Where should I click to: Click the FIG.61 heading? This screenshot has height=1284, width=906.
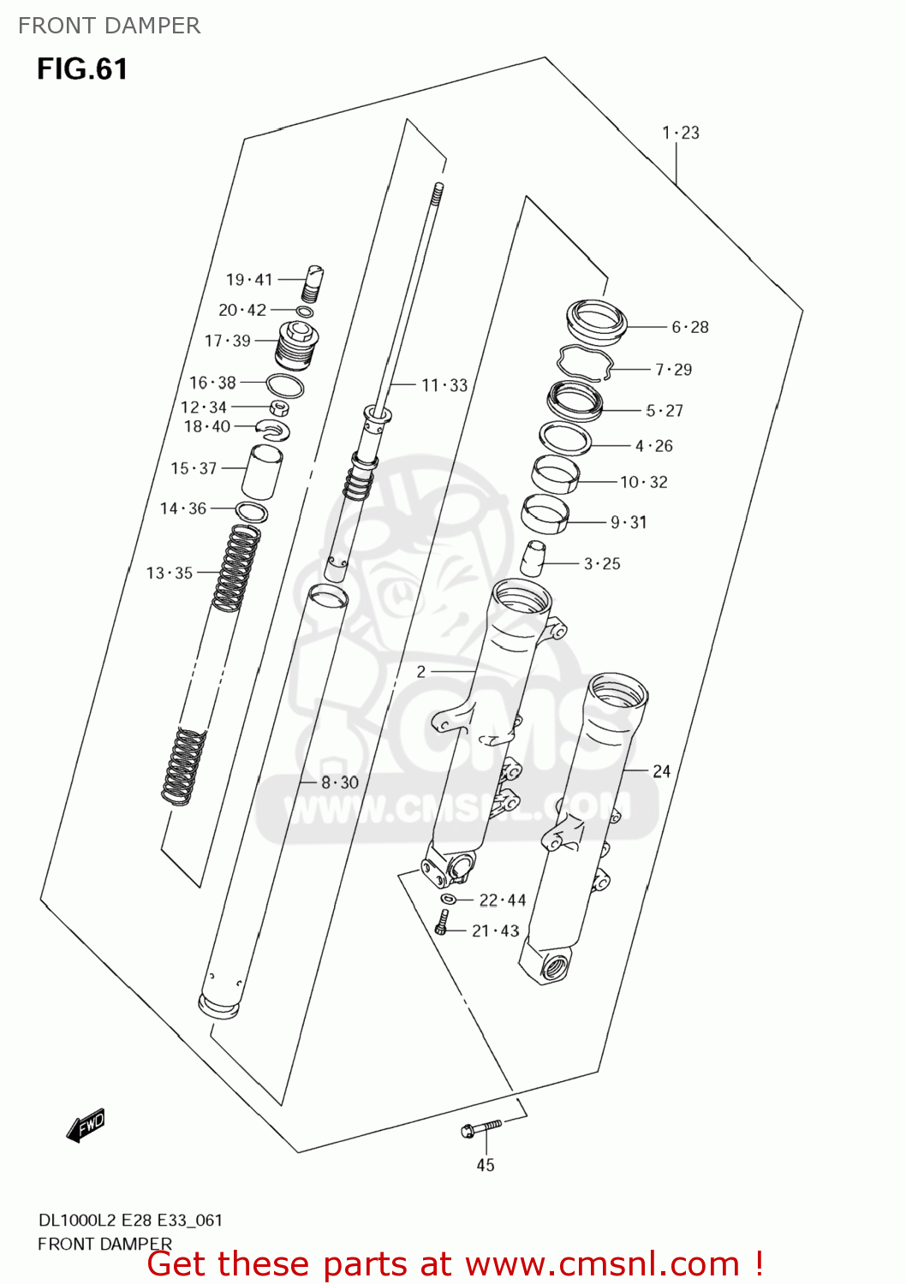point(82,68)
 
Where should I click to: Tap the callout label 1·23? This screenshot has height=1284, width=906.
point(681,133)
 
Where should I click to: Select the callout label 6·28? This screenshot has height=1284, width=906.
point(690,327)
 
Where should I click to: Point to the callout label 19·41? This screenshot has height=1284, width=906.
point(249,280)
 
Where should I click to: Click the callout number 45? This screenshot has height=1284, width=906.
point(486,1165)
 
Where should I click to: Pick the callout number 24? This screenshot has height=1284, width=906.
point(662,771)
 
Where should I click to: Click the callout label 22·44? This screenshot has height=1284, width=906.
point(503,901)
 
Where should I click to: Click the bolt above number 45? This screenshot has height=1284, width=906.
point(480,1128)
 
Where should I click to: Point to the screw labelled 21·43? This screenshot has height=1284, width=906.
point(442,924)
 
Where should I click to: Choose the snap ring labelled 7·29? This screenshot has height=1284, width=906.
point(586,363)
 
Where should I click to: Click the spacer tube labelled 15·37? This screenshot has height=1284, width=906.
point(261,471)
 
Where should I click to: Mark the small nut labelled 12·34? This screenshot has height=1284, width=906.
point(279,407)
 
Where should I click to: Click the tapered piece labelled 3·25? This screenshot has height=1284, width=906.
point(532,557)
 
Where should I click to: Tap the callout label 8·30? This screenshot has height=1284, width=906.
point(340,782)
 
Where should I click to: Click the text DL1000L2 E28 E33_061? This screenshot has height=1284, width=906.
point(130,1220)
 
